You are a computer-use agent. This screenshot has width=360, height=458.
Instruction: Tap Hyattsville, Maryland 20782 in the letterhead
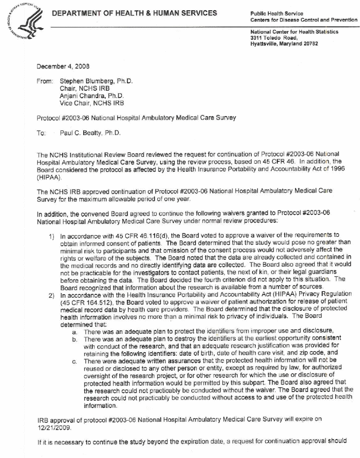click(288, 44)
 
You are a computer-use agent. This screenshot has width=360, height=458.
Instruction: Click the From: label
click(44, 82)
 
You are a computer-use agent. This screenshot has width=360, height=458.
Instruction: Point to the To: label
click(41, 133)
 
